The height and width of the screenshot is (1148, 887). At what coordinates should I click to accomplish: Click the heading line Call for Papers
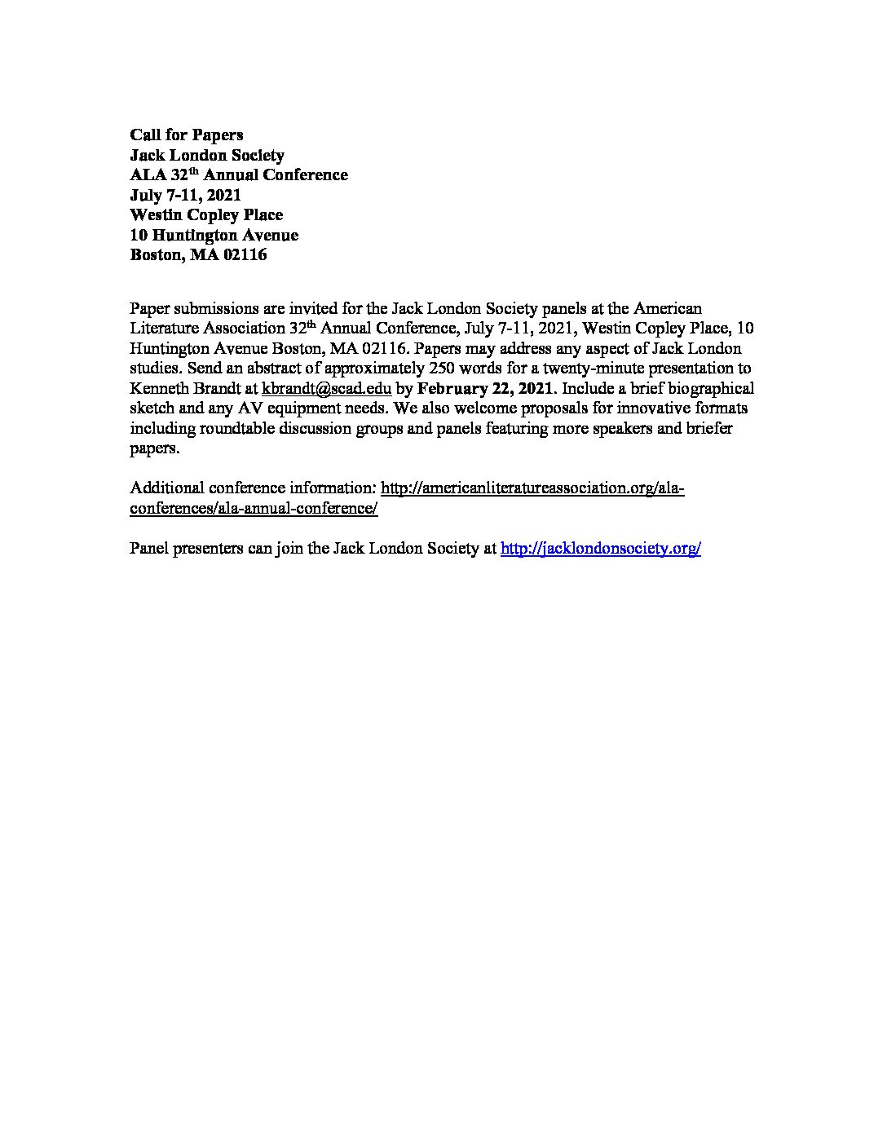[187, 135]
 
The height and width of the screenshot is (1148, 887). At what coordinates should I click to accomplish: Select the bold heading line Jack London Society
[207, 155]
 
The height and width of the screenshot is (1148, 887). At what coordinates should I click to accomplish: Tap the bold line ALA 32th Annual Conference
[239, 175]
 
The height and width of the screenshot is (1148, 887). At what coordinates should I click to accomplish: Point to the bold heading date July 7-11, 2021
[186, 196]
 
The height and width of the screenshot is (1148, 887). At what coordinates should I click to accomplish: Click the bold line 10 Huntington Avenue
[214, 236]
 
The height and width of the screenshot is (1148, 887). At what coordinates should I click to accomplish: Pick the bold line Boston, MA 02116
[198, 255]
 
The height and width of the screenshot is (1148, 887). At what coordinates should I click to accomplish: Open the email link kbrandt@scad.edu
[326, 389]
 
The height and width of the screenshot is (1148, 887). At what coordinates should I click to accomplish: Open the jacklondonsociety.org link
[600, 549]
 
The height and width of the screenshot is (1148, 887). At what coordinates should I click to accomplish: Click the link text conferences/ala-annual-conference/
[254, 508]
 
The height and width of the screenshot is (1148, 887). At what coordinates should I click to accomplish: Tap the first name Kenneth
[158, 389]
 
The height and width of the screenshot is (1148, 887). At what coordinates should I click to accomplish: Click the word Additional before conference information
[166, 488]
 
